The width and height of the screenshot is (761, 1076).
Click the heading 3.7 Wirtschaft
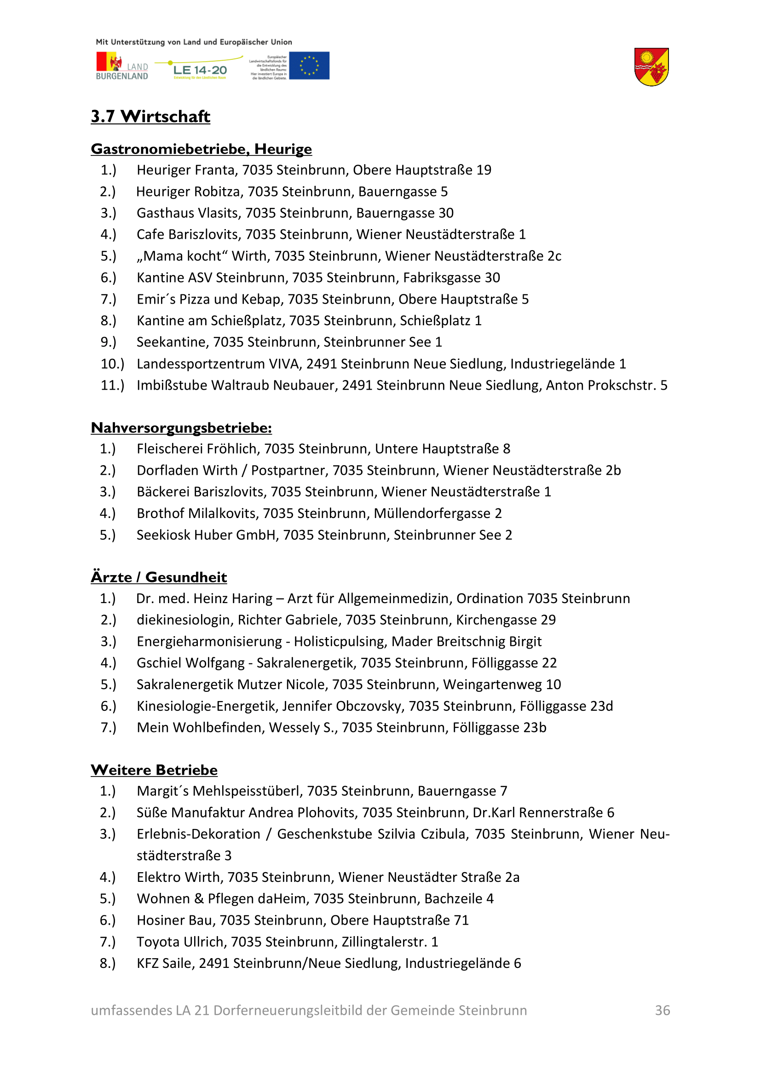click(x=150, y=116)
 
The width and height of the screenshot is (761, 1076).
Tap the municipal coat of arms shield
click(x=651, y=67)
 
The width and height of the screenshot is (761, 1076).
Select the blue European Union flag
click(x=309, y=66)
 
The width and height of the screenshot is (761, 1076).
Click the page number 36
click(x=662, y=1010)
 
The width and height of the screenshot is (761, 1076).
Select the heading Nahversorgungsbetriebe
click(x=181, y=428)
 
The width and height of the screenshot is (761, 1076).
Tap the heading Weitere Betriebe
click(x=154, y=770)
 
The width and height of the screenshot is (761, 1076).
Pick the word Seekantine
click(x=172, y=342)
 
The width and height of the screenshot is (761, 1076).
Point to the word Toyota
click(x=157, y=942)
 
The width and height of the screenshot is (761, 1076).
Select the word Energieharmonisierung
click(x=209, y=641)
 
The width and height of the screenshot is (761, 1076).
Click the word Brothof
click(x=160, y=513)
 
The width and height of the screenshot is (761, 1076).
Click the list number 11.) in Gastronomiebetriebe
click(x=112, y=385)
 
